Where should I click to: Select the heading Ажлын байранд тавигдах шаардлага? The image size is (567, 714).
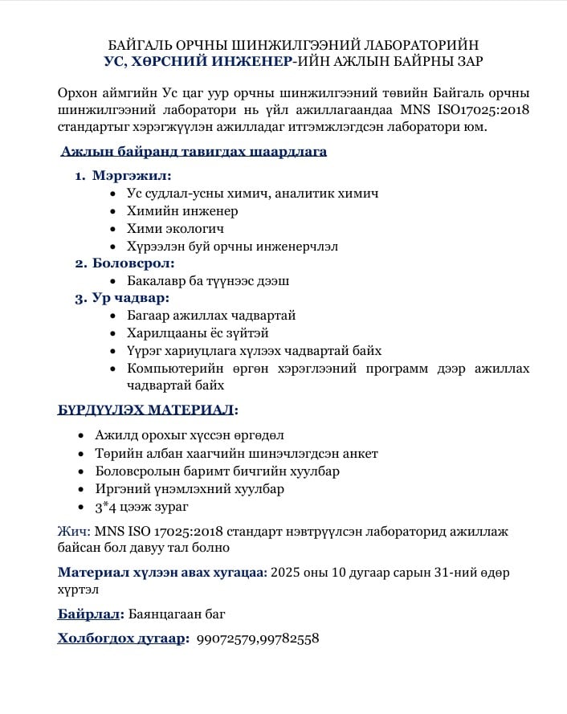(x=194, y=151)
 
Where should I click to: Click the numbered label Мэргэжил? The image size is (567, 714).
(x=132, y=175)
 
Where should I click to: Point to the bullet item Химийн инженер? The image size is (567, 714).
(x=182, y=210)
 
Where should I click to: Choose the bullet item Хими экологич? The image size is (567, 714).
(x=175, y=228)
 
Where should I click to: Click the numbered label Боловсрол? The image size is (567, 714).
(x=133, y=263)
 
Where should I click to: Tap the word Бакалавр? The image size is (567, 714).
(x=156, y=280)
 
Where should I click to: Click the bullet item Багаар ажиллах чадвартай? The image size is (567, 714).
(x=211, y=316)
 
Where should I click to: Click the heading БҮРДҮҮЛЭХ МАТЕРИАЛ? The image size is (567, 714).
(x=148, y=410)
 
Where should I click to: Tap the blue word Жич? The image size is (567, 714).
(x=74, y=532)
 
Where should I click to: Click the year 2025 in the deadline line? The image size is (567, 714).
(x=287, y=573)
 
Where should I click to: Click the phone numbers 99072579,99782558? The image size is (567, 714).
(x=258, y=639)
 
